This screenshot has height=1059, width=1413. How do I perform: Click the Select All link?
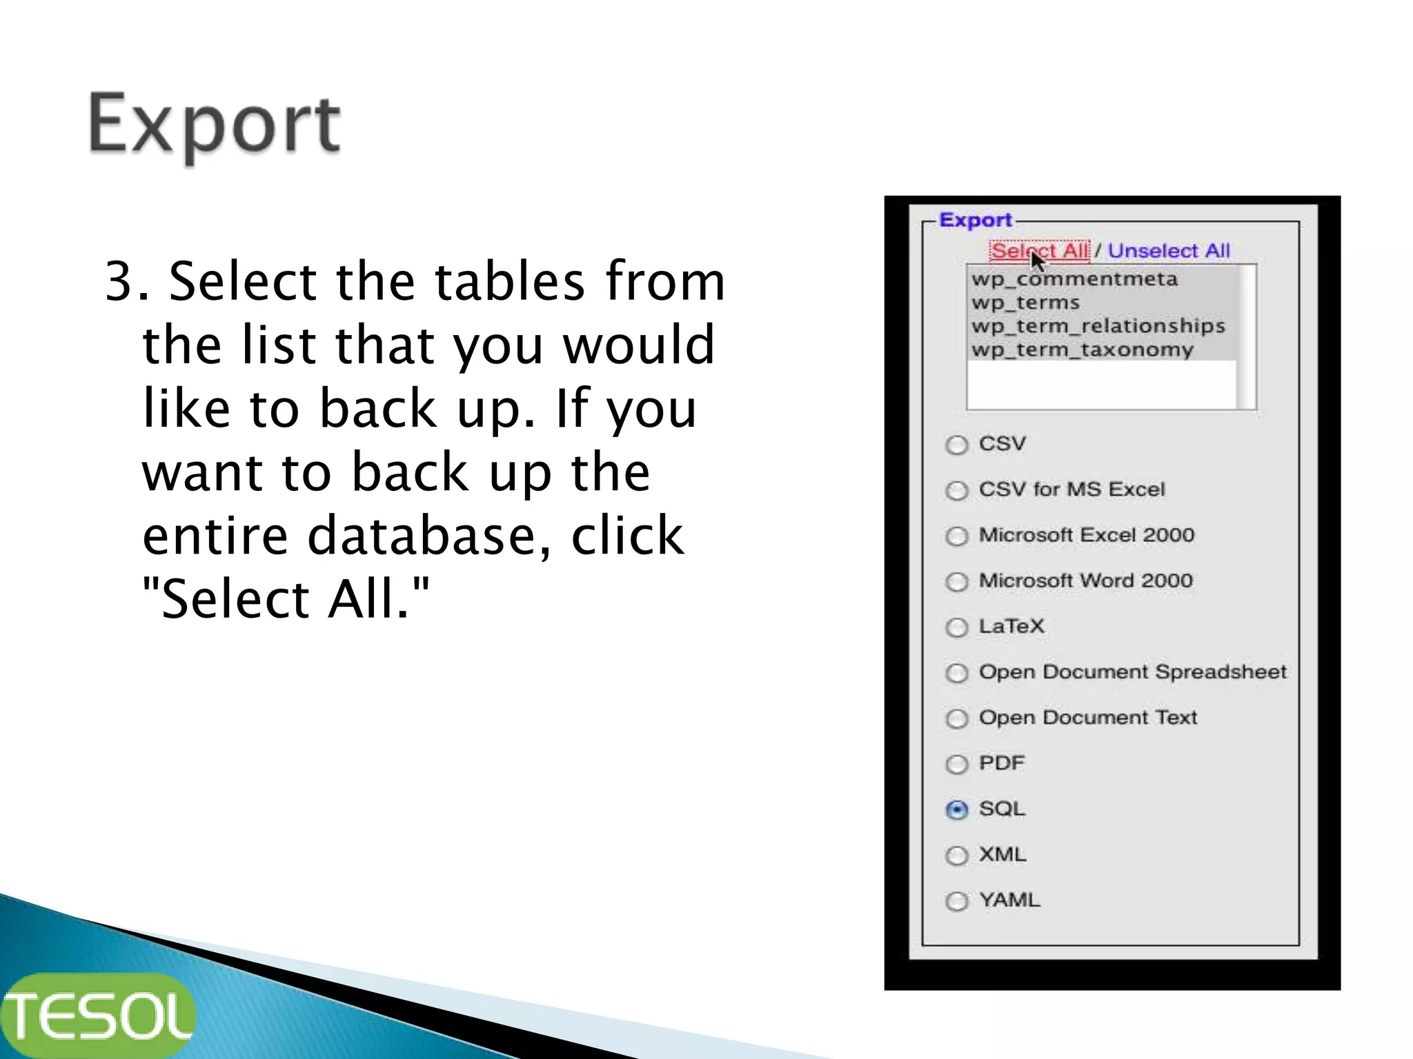[1039, 251]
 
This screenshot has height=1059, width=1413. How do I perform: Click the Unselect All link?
[1169, 251]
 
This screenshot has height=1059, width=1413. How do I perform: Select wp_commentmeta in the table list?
[1074, 279]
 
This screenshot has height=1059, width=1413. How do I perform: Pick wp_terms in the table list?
[1025, 303]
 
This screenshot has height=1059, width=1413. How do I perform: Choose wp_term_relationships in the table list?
[1098, 326]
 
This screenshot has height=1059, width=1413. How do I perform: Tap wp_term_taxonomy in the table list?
[1082, 350]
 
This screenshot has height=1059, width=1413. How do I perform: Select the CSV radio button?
[957, 445]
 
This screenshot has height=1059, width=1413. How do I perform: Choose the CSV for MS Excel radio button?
[957, 490]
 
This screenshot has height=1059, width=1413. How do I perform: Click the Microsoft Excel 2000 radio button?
[957, 536]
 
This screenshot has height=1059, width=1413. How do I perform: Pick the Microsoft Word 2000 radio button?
[957, 582]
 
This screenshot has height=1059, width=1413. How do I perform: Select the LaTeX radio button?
[957, 627]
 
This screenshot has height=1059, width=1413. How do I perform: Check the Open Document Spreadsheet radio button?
[957, 673]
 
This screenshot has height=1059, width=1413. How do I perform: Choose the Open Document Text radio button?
[957, 718]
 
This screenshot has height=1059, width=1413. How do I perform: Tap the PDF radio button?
[957, 764]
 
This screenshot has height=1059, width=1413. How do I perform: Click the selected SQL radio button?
[957, 809]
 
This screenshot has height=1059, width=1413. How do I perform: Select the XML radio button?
[957, 856]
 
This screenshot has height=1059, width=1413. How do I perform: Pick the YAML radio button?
[957, 901]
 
